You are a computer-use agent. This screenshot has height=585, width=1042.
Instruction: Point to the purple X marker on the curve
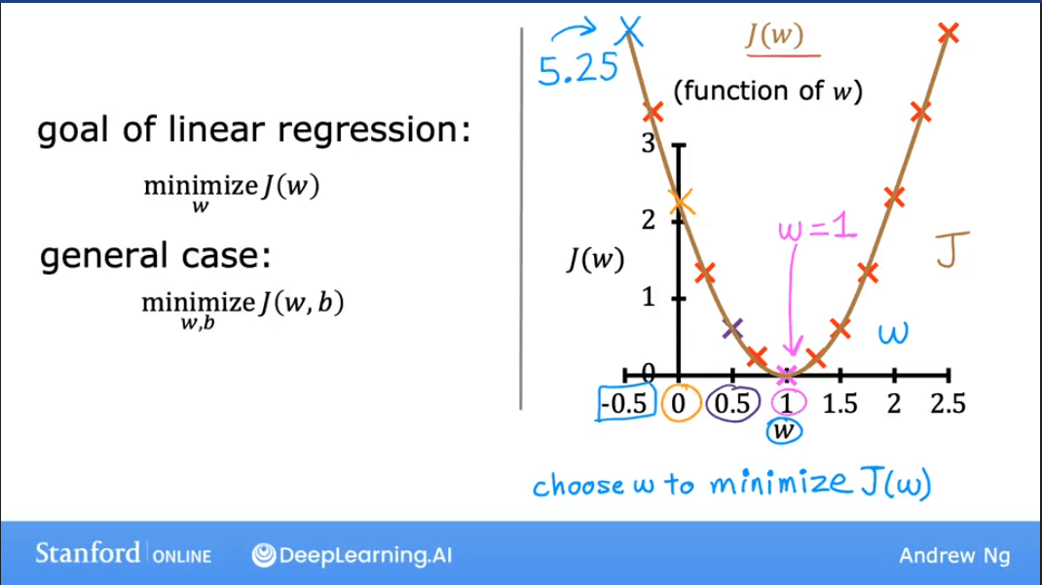click(x=732, y=329)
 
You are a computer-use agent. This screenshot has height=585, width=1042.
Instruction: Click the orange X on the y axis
click(x=681, y=201)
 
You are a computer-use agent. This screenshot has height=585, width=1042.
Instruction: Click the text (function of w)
click(x=767, y=91)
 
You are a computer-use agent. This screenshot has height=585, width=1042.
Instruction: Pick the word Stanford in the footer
click(x=88, y=554)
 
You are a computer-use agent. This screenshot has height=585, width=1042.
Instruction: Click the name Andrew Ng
click(x=954, y=556)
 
